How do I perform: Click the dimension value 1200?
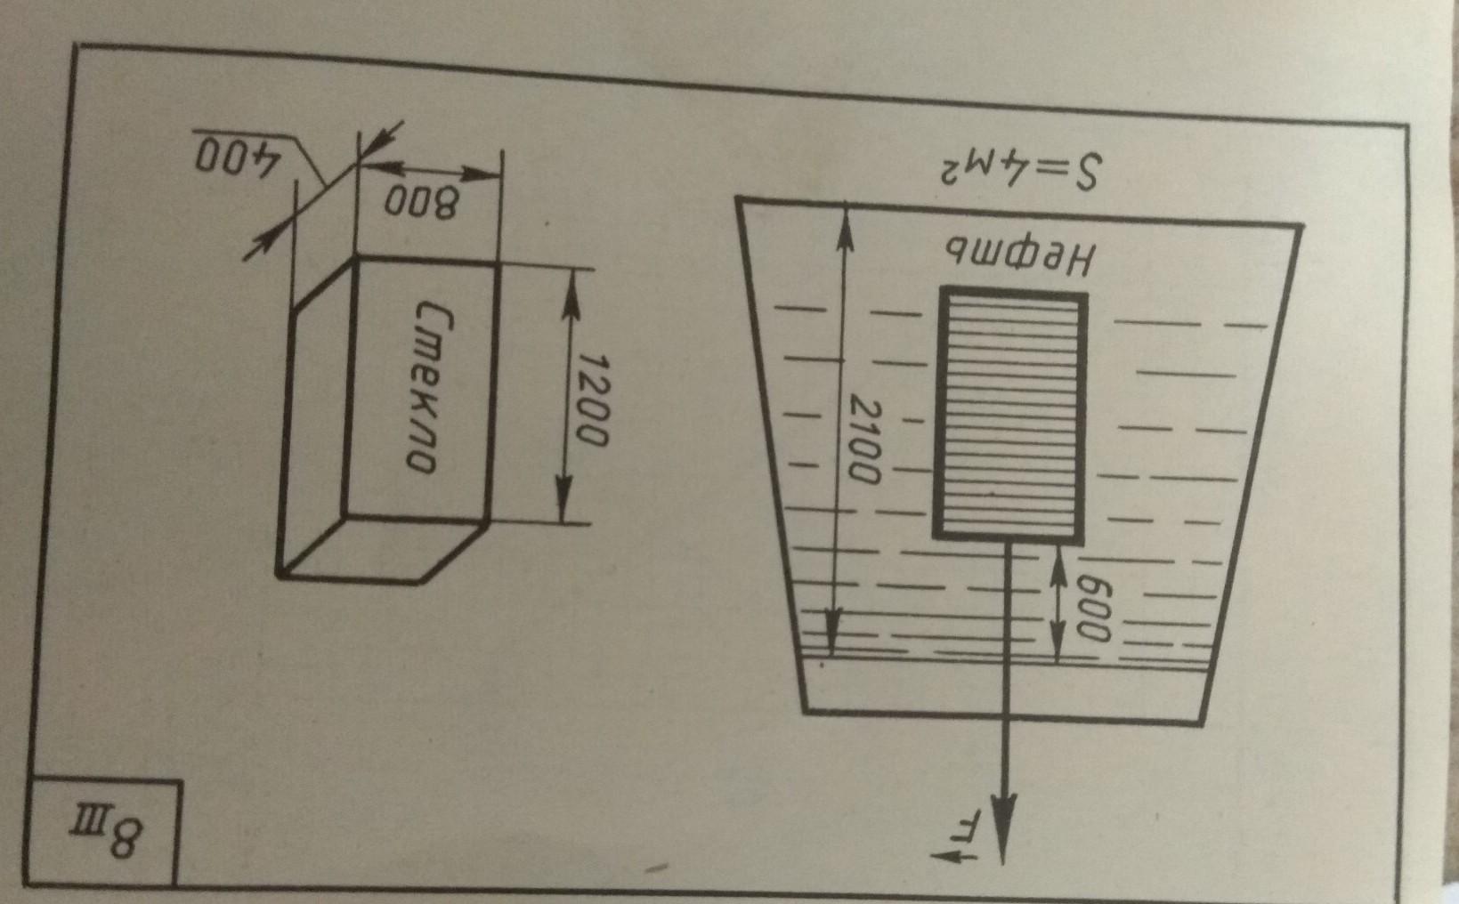click(591, 400)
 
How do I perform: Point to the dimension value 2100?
click(863, 441)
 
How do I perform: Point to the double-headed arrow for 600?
click(1057, 605)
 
